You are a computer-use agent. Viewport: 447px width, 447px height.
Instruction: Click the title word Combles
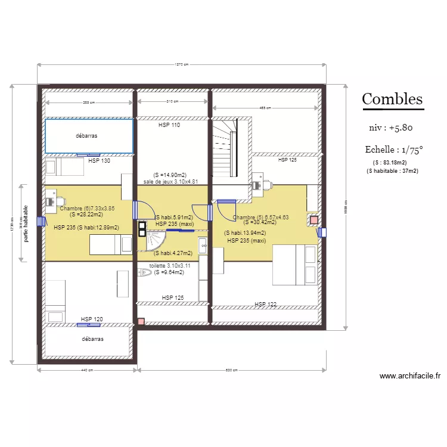point(392,99)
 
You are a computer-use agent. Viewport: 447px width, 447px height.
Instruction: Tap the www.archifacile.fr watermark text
point(410,376)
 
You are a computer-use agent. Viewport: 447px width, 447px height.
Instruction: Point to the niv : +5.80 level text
point(391,128)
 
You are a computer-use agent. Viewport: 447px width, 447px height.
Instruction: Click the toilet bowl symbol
point(145,273)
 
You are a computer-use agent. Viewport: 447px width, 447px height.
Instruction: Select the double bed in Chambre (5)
point(294,265)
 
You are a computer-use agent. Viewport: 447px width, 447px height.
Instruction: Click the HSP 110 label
point(169,126)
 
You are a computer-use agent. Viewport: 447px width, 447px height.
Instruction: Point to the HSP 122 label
point(266,305)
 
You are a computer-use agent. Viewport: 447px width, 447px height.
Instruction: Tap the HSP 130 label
point(99,161)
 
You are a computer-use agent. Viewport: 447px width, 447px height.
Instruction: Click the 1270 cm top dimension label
point(181,65)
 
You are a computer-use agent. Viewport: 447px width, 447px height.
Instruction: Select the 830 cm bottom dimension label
point(232,370)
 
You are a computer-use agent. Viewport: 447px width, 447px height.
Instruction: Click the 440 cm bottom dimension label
point(86,370)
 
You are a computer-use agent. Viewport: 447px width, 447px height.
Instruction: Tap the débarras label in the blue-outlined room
point(86,136)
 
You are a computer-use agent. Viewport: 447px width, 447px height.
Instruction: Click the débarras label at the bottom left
point(92,339)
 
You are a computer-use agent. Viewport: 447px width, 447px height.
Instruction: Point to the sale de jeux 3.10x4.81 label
point(170,182)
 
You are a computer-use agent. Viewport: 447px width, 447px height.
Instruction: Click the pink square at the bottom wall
point(141,322)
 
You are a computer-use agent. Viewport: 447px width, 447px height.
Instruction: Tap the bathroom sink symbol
point(203,244)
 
